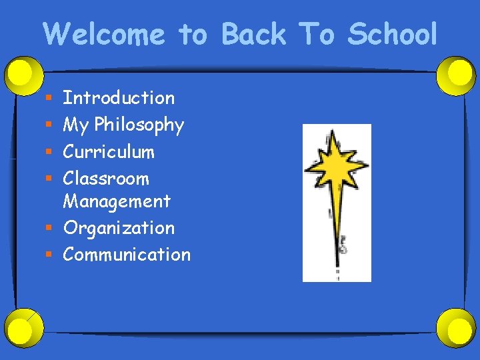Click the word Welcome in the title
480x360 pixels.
point(104,34)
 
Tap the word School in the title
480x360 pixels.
point(391,34)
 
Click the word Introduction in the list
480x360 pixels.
point(119,98)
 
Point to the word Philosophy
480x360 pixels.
point(139,125)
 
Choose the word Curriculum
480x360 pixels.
point(109,152)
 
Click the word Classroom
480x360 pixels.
point(106,179)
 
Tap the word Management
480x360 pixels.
point(117,201)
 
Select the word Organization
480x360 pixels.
point(119,228)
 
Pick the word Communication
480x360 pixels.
point(127,255)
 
